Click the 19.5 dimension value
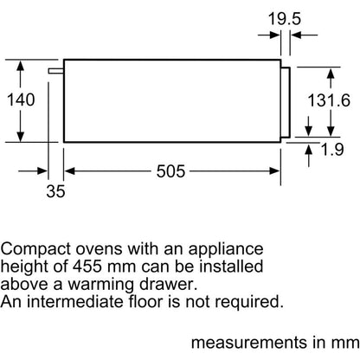(285, 19)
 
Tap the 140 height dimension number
(21, 100)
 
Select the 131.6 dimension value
(329, 100)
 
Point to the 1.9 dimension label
(332, 150)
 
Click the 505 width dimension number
(170, 171)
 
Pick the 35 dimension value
(55, 191)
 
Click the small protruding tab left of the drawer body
(56, 71)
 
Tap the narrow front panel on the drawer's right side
(286, 102)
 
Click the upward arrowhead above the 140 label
(20, 66)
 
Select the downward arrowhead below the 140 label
(20, 136)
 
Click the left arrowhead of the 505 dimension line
(70, 171)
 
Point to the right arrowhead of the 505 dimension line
(274, 171)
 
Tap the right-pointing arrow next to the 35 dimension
(32, 171)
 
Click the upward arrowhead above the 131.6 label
(331, 74)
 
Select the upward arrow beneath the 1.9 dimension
(309, 156)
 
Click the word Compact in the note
(35, 249)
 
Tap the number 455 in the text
(87, 267)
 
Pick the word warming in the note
(100, 286)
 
